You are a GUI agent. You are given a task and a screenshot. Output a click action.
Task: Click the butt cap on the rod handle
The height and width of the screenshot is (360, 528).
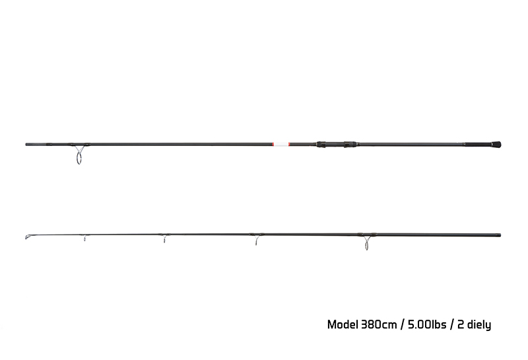(496, 145)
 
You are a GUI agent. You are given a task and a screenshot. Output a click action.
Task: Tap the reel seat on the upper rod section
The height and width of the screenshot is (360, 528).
(337, 144)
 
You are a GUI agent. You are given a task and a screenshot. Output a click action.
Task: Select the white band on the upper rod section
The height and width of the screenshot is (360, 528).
(281, 144)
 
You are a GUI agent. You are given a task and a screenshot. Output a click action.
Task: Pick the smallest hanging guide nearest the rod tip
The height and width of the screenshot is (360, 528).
(85, 238)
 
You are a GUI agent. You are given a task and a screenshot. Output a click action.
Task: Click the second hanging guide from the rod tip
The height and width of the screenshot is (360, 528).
(164, 239)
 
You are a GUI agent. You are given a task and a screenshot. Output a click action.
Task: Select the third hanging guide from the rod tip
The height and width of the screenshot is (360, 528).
(257, 240)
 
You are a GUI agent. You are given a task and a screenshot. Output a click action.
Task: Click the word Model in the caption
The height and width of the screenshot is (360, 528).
(343, 324)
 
